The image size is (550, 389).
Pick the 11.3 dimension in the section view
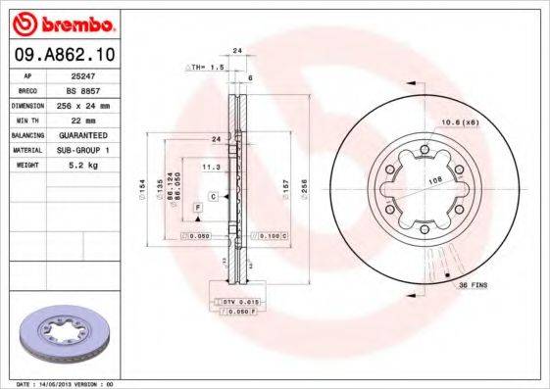pos(209,168)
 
